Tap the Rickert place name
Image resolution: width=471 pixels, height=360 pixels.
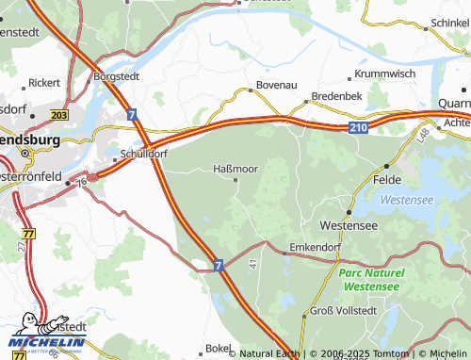pyautogui.click(x=44, y=83)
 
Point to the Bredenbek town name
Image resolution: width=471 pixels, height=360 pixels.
pyautogui.click(x=337, y=97)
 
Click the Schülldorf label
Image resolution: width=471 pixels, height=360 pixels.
pyautogui.click(x=145, y=153)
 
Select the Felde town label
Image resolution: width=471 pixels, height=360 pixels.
pyautogui.click(x=387, y=178)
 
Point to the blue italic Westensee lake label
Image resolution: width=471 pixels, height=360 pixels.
pyautogui.click(x=408, y=200)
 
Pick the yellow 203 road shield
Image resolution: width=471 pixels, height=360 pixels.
pyautogui.click(x=59, y=114)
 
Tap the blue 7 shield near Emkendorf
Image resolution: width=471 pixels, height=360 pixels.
pyautogui.click(x=218, y=267)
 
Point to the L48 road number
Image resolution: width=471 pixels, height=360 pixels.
pyautogui.click(x=424, y=138)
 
